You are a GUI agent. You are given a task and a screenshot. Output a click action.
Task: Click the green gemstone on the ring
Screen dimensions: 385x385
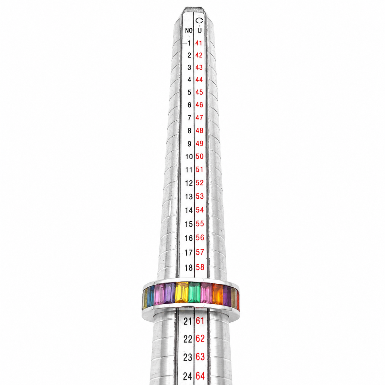pyautogui.click(x=194, y=295)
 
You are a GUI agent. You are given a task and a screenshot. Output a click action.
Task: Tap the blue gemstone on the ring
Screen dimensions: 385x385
pyautogui.click(x=151, y=296)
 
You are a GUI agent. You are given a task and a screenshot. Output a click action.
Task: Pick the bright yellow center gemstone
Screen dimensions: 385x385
pyautogui.click(x=182, y=295)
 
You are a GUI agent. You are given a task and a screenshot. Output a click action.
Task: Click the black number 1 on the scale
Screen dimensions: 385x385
pyautogui.click(x=189, y=43)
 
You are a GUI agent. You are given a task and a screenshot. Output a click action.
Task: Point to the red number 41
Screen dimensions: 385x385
pyautogui.click(x=199, y=43)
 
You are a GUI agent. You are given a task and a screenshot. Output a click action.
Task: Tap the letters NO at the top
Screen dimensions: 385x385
pyautogui.click(x=189, y=31)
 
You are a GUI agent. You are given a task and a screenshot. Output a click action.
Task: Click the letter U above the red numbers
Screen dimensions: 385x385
pyautogui.click(x=199, y=31)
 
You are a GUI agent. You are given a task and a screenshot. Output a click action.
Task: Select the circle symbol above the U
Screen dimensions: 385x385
pyautogui.click(x=199, y=20)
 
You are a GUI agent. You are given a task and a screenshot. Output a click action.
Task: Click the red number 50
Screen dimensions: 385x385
pyautogui.click(x=199, y=156)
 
